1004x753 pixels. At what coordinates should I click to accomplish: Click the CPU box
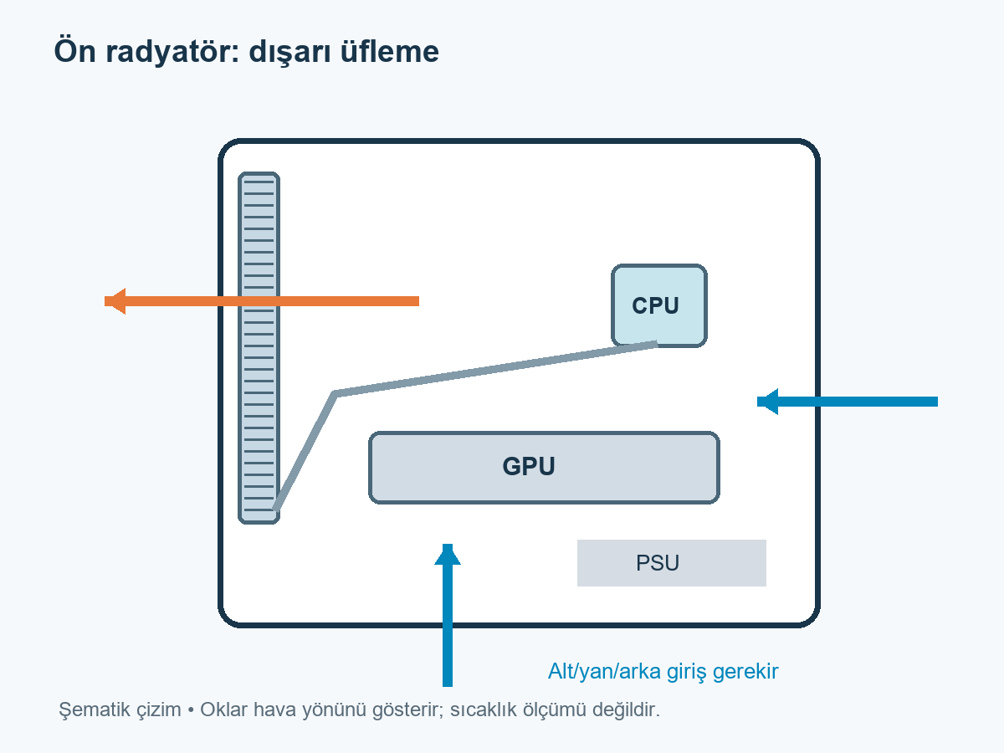click(x=659, y=305)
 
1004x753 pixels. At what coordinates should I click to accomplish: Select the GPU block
click(x=544, y=467)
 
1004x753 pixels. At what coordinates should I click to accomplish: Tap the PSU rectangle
click(x=672, y=563)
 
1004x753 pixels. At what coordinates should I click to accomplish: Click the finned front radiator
click(x=259, y=348)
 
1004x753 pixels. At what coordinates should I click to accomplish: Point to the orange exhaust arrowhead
click(x=115, y=301)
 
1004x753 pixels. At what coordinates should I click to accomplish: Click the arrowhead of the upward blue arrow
click(x=448, y=554)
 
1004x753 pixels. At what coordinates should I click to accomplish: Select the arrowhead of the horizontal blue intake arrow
click(x=767, y=402)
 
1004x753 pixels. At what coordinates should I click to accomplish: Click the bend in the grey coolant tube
click(x=335, y=393)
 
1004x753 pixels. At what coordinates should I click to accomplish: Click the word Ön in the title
click(x=75, y=50)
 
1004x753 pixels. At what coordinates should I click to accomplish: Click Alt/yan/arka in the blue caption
click(x=605, y=672)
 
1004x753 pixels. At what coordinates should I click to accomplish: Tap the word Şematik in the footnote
click(x=120, y=710)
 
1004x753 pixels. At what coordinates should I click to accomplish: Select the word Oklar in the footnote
click(x=223, y=709)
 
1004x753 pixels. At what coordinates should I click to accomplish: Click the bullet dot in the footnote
click(x=191, y=711)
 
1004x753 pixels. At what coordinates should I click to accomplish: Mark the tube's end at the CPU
click(x=657, y=344)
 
